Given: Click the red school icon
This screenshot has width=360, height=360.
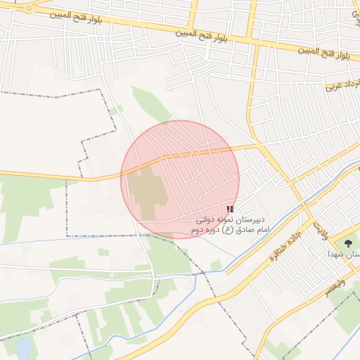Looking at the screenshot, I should (x=230, y=209).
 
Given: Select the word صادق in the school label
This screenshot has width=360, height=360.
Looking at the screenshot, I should (x=243, y=231).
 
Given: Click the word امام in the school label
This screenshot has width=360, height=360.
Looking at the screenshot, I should (x=259, y=231).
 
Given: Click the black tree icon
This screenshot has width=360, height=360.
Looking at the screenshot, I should (x=349, y=243).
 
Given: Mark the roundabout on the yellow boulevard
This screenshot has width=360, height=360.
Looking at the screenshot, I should (x=28, y=8).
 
